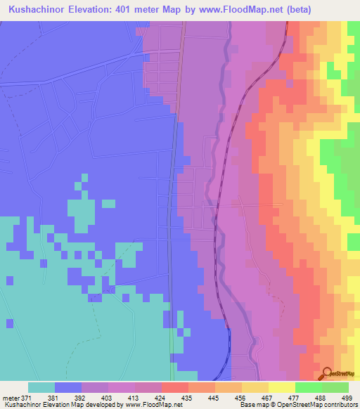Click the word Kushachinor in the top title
point(34,9)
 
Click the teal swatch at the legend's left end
point(41,387)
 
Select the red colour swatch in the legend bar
point(175,387)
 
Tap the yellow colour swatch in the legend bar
point(282,387)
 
